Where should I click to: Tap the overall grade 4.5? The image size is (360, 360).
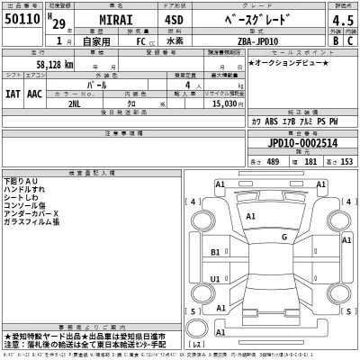point(341,18)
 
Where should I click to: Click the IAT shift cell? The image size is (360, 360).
point(13,91)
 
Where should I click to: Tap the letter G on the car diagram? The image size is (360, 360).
point(284,237)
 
